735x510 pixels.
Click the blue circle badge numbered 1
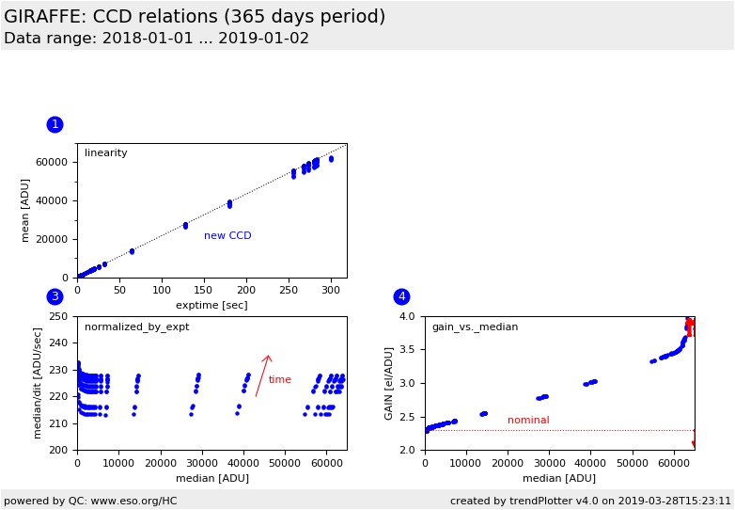[55, 124]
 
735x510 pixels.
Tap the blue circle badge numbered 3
[55, 296]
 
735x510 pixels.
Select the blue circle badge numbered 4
[401, 296]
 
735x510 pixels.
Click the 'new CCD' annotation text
[227, 236]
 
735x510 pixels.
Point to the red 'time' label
[280, 380]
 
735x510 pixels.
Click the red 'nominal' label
[528, 421]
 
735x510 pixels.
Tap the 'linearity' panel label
[105, 153]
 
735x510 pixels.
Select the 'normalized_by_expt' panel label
[136, 327]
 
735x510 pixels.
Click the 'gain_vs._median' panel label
[475, 327]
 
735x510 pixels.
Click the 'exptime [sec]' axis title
[211, 306]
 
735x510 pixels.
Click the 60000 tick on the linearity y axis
[53, 162]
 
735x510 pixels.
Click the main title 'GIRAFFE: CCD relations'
[195, 17]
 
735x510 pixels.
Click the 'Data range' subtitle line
[156, 39]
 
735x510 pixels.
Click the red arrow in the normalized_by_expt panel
[263, 375]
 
